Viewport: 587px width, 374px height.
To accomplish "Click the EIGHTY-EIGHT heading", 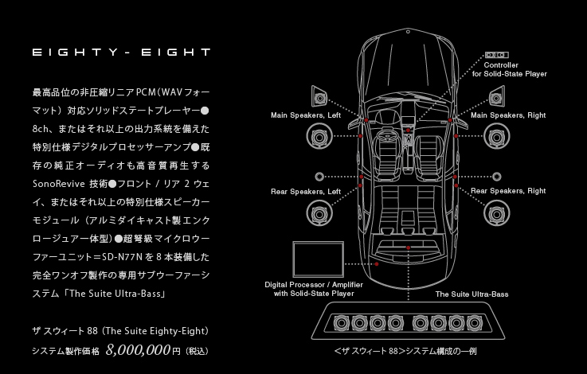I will [x=121, y=53].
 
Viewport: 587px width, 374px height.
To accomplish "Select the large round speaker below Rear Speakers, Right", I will [x=495, y=212].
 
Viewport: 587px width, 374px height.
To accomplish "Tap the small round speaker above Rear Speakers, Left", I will [x=319, y=175].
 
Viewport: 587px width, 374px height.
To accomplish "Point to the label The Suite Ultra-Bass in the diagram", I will [x=472, y=294].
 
